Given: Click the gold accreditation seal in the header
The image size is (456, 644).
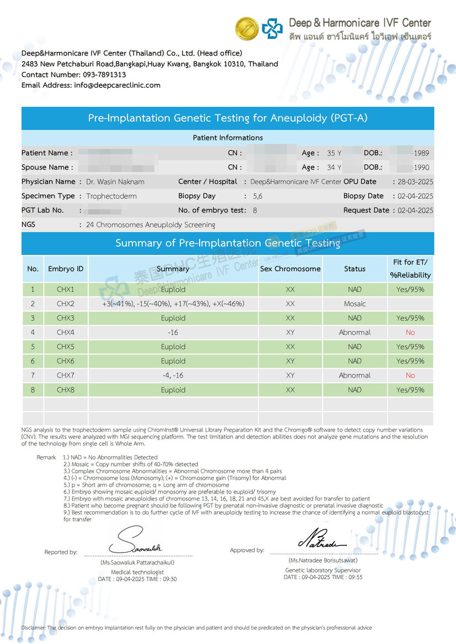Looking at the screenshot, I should [247, 29].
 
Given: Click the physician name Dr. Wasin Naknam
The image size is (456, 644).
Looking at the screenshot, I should [115, 182].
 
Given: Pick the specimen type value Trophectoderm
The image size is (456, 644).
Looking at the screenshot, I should [111, 196].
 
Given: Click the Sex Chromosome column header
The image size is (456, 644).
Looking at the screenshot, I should [290, 269].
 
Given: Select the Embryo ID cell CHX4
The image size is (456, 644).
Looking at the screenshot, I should [65, 332].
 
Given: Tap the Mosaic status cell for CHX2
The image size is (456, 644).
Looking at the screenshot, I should [355, 304].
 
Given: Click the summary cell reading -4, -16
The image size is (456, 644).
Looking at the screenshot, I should [173, 375].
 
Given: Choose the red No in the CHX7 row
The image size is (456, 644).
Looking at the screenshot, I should [410, 375].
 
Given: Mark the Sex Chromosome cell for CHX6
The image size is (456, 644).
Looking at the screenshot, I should [290, 361].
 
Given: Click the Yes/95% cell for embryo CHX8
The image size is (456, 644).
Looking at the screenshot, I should [410, 390].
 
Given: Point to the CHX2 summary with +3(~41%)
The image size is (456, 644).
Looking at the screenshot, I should [173, 304].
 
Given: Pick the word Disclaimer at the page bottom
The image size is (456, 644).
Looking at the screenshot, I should [34, 627].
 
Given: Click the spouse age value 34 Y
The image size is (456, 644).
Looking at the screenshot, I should [334, 167].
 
